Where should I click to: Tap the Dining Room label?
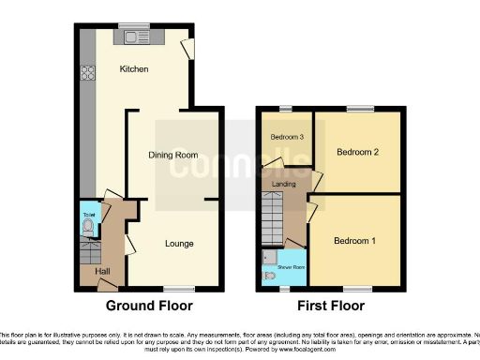click(173, 155)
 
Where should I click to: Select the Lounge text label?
click(179, 244)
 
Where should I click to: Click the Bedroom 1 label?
click(355, 241)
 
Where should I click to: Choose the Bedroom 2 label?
click(356, 152)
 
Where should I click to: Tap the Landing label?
click(283, 184)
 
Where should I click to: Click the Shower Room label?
click(292, 267)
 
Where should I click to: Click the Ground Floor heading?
click(149, 306)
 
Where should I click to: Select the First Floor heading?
click(331, 306)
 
